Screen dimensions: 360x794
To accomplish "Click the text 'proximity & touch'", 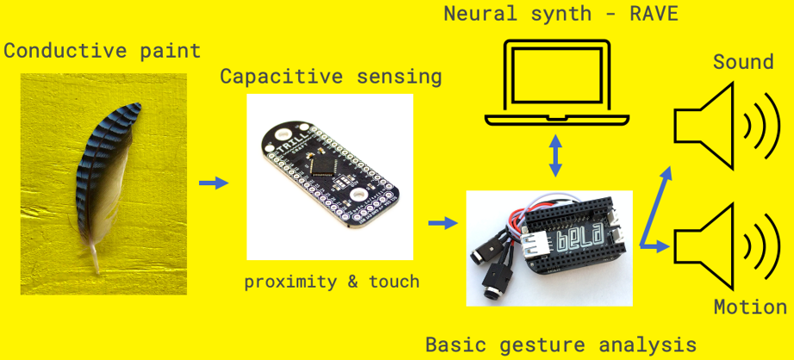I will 332,282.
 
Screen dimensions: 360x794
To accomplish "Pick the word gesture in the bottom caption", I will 542,345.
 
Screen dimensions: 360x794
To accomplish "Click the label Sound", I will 743,63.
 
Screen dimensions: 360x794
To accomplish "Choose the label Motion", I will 750,307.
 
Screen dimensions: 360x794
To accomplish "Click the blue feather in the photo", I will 102,177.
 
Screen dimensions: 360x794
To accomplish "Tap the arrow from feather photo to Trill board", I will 214,183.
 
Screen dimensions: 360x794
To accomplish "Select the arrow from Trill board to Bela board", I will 442,223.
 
